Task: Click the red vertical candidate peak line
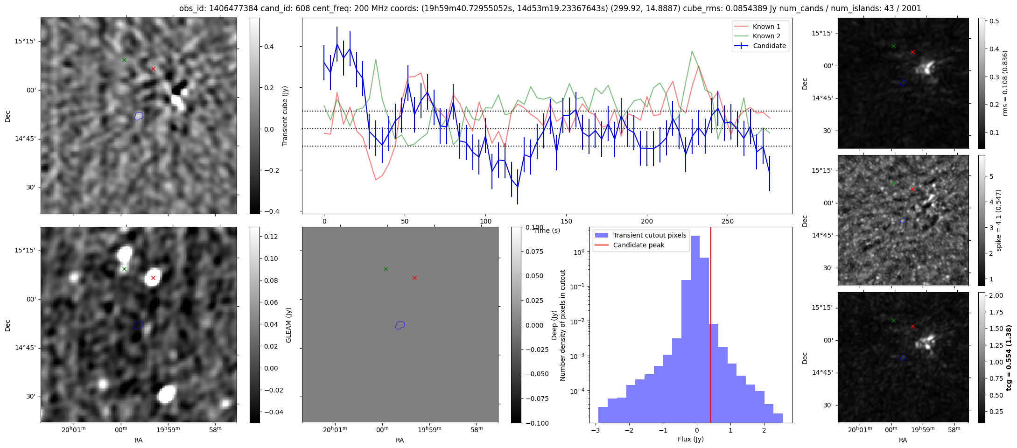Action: pyautogui.click(x=710, y=327)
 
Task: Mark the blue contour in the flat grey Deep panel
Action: pyautogui.click(x=400, y=325)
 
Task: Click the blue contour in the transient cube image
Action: pyautogui.click(x=139, y=116)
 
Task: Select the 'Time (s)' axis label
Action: pyautogui.click(x=547, y=231)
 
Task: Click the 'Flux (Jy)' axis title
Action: pyautogui.click(x=690, y=439)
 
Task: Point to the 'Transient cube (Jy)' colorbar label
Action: pyautogui.click(x=285, y=116)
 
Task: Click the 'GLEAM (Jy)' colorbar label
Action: pyautogui.click(x=288, y=325)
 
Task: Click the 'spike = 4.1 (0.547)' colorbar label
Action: pyautogui.click(x=998, y=220)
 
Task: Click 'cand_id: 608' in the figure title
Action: pyautogui.click(x=279, y=8)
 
